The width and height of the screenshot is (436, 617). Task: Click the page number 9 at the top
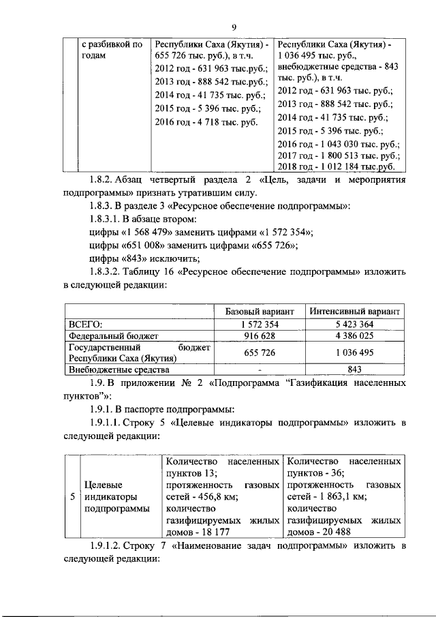click(233, 27)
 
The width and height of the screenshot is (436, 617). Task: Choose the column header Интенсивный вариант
click(354, 311)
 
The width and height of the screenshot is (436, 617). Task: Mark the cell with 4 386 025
click(354, 336)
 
